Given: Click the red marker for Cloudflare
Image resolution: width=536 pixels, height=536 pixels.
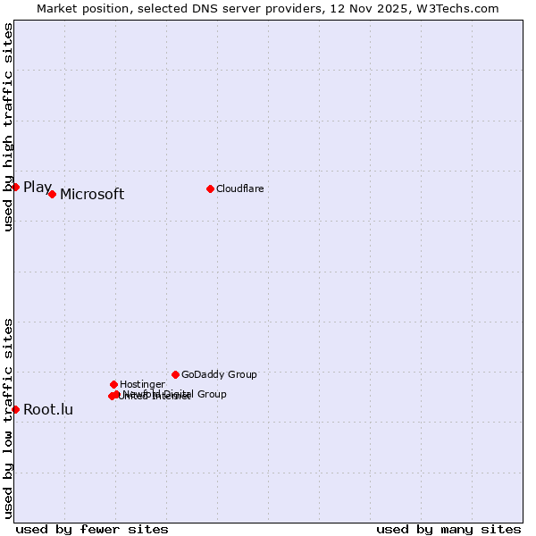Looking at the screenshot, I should (x=210, y=188).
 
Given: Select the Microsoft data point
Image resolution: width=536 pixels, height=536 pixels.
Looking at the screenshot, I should (x=52, y=194).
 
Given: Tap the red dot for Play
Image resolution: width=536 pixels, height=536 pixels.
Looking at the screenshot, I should (x=15, y=187).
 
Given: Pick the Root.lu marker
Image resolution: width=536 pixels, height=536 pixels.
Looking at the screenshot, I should (x=15, y=409).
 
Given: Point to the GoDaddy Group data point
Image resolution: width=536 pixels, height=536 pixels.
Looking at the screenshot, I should (x=175, y=374).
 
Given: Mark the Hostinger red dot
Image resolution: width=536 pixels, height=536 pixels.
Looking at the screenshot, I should (x=113, y=384).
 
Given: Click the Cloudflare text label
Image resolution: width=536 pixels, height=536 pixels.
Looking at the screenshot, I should (x=239, y=188).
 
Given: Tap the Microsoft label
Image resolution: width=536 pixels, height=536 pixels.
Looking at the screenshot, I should (x=92, y=195).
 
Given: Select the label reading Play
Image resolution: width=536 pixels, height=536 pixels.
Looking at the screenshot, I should (x=38, y=188).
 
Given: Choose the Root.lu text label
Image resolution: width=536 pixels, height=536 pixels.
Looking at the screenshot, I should (x=48, y=410).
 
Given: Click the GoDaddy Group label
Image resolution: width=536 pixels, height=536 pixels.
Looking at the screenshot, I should (x=219, y=375).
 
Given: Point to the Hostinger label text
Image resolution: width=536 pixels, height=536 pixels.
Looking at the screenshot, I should (x=142, y=384).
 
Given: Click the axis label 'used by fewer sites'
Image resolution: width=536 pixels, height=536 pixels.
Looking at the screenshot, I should (x=92, y=530).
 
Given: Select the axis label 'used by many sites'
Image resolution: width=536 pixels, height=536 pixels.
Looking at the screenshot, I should (x=448, y=530).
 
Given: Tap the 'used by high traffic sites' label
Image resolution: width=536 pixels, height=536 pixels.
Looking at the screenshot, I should (x=8, y=127).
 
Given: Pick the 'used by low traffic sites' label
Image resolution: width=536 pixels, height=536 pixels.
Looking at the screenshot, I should (x=8, y=417).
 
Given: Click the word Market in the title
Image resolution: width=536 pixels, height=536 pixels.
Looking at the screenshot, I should (x=58, y=8).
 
